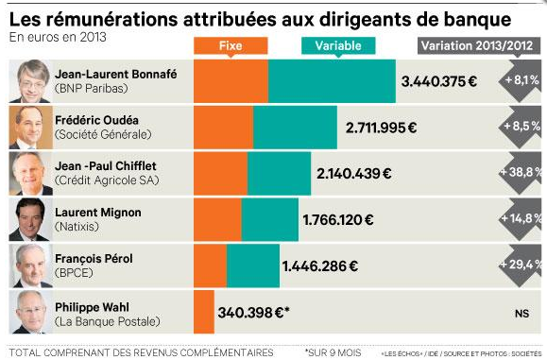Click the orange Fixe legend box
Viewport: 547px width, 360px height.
230,44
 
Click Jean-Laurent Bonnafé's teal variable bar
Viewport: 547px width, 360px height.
332,81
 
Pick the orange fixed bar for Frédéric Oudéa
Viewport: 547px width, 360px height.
223,127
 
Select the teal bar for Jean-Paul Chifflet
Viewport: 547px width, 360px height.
279,173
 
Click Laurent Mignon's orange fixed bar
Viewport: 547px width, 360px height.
217,219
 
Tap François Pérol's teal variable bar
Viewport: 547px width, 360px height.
253,266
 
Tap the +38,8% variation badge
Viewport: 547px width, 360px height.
521,173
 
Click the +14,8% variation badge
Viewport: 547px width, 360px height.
521,219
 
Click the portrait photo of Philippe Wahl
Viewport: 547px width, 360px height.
31,312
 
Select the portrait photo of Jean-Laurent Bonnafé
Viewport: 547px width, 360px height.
31,81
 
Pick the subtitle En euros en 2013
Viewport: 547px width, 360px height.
57,37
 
